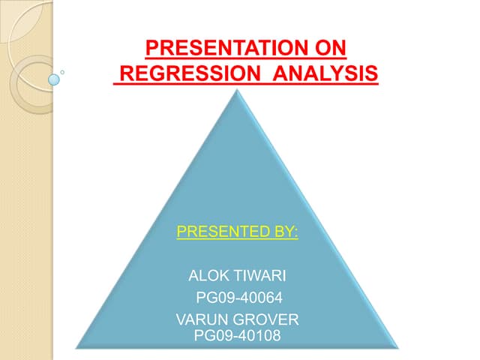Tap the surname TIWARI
click(x=256, y=286)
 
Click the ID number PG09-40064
click(x=238, y=303)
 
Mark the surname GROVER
click(x=266, y=321)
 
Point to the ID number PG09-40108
click(x=237, y=335)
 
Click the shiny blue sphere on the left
click(x=53, y=78)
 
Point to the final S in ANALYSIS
click(x=371, y=75)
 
